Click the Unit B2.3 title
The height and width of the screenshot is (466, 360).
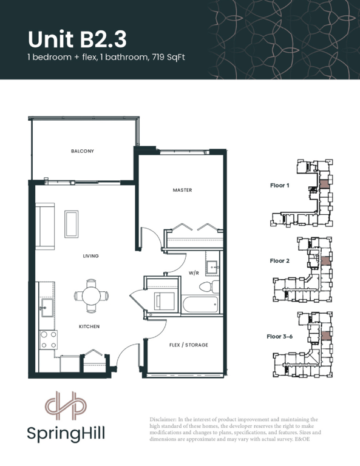77,39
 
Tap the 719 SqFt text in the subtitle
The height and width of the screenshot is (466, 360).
168,57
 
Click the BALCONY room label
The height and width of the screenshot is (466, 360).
83,151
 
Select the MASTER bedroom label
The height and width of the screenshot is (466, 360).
182,190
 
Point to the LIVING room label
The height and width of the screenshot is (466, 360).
90,256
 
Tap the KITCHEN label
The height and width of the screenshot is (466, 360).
89,326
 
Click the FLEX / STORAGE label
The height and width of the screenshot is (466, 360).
188,345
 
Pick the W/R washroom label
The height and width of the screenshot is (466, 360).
194,273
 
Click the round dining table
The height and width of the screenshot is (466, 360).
91,296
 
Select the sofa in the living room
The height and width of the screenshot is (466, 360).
45,226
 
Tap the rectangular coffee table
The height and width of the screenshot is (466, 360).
72,224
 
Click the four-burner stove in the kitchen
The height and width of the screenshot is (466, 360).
49,340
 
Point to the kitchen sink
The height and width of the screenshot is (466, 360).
47,308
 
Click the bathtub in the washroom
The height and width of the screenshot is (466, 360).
201,304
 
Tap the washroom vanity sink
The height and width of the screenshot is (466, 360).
213,268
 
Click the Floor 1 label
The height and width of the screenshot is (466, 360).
279,186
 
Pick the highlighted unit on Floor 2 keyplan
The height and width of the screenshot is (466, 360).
325,261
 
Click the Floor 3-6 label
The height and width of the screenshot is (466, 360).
279,336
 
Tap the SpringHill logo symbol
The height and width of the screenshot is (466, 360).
66,405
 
